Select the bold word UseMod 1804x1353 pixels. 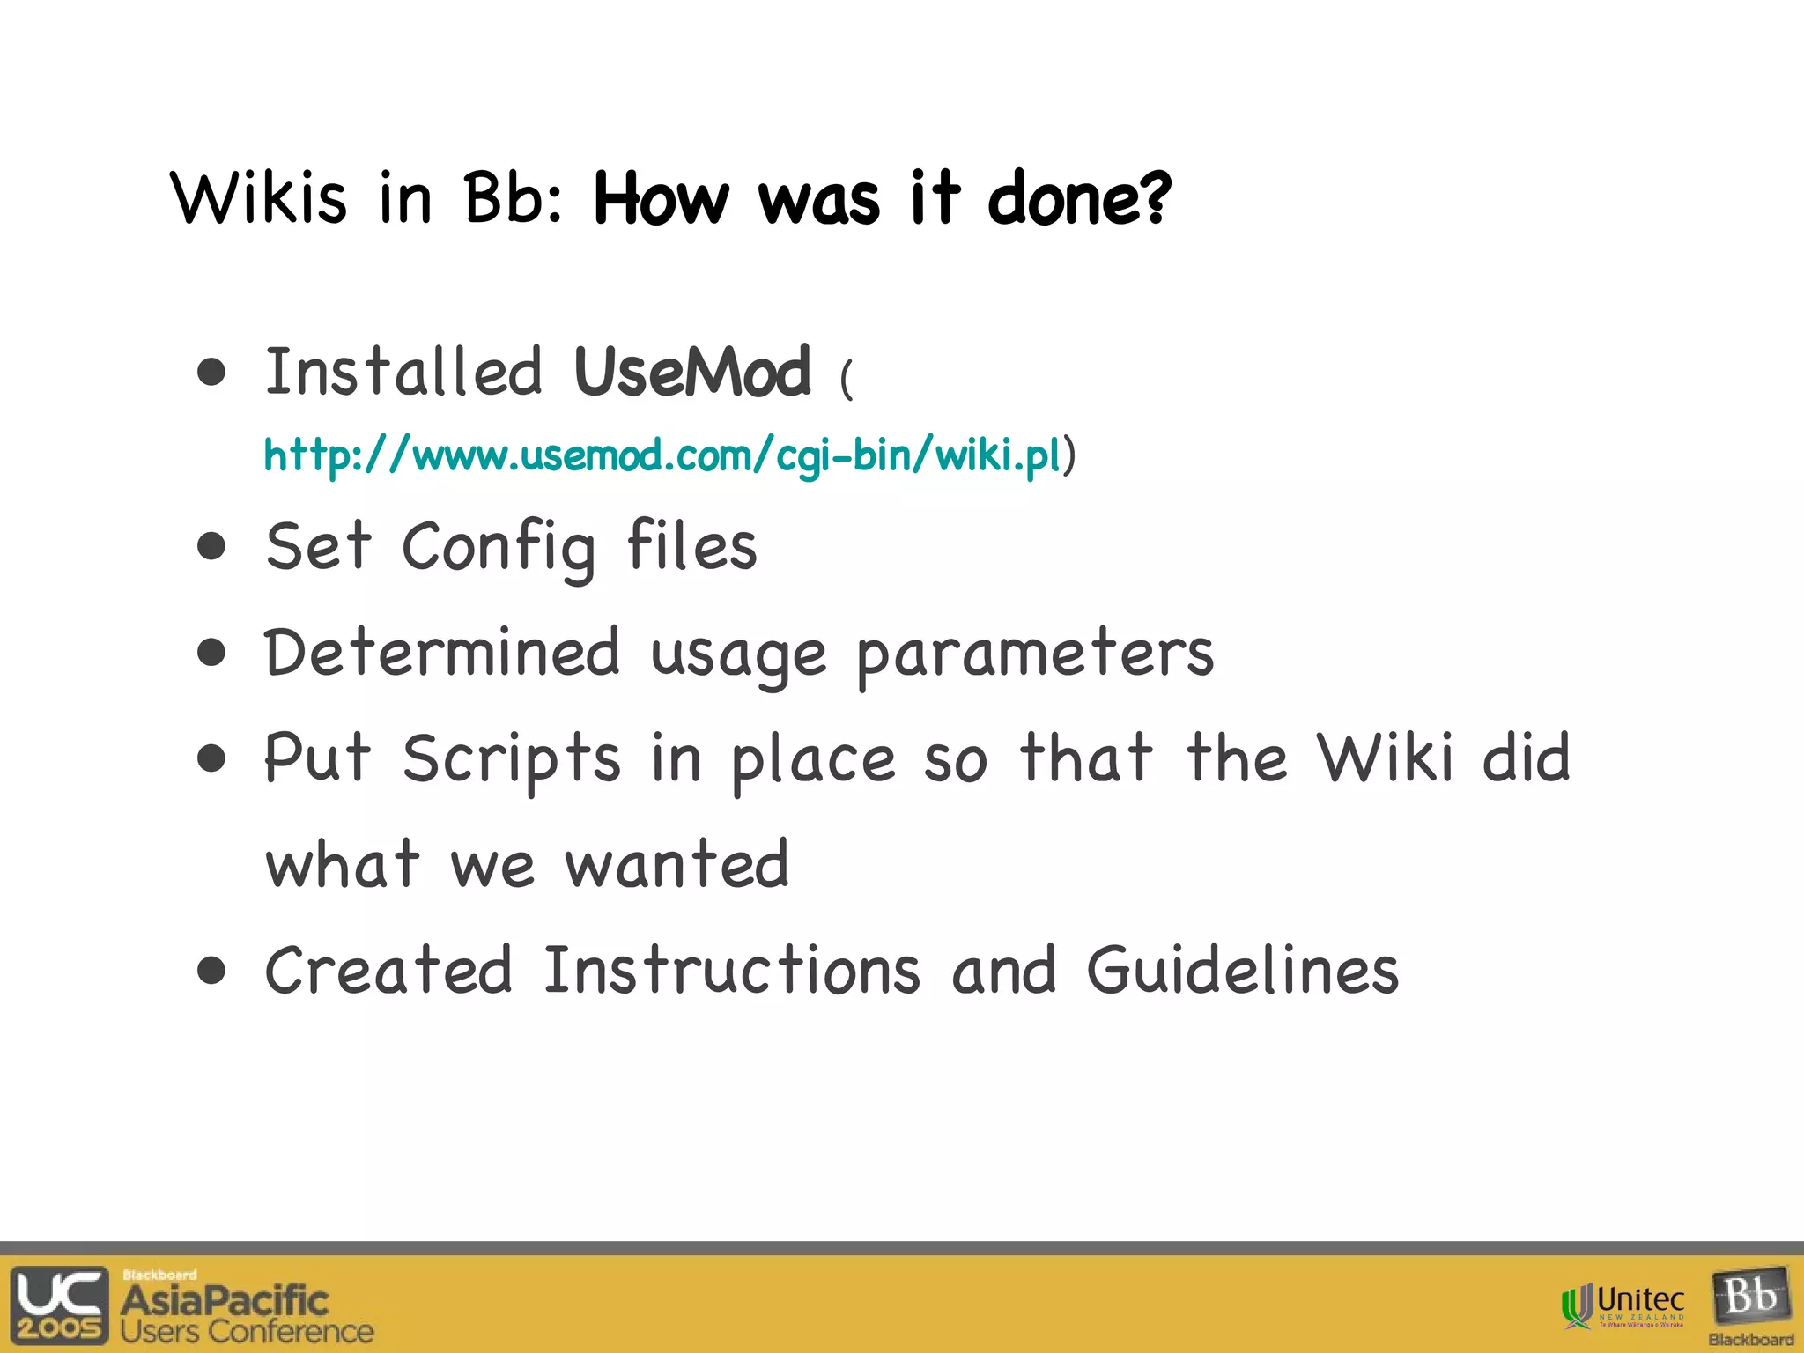[691, 372]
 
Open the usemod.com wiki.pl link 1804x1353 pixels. [662, 455]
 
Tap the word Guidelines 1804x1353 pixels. [1242, 970]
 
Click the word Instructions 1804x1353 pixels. [732, 970]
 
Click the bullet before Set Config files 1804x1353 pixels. [211, 547]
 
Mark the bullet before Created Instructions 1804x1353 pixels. [211, 971]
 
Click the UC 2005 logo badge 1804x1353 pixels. [59, 1305]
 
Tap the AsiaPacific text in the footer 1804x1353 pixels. [225, 1299]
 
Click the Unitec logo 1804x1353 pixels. [1623, 1305]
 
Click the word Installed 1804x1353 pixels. [403, 372]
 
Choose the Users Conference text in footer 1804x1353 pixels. [248, 1332]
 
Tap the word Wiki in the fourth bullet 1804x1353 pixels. [1385, 758]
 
